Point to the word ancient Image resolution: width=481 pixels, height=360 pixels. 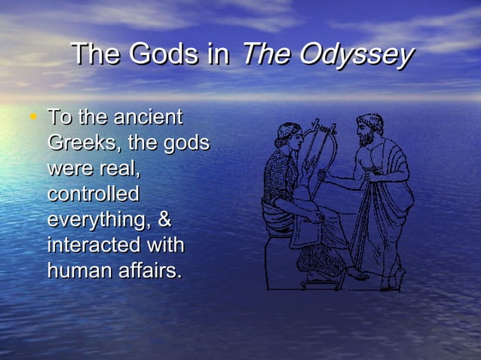[x=149, y=117]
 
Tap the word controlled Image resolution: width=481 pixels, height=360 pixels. [x=93, y=194]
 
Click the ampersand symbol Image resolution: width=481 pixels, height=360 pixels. [x=165, y=219]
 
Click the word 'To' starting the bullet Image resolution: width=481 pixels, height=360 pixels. [x=58, y=117]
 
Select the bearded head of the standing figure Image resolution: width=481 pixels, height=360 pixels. [x=369, y=129]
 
